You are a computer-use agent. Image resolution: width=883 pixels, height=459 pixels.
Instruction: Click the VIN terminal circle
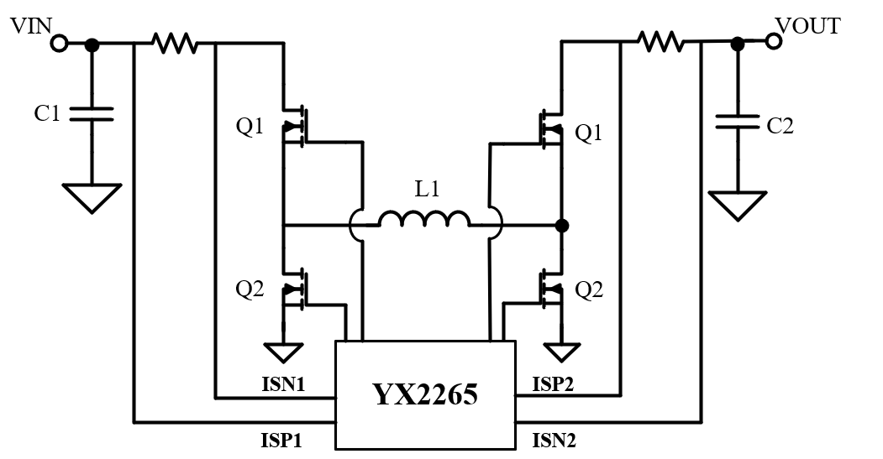pos(60,43)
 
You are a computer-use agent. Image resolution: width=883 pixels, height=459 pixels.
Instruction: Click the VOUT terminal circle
pos(774,41)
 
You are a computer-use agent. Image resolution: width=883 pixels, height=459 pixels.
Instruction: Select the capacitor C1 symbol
pos(92,113)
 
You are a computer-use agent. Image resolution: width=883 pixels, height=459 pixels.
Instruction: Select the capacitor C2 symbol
pos(737,122)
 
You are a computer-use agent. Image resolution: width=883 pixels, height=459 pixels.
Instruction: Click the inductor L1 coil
pos(424,220)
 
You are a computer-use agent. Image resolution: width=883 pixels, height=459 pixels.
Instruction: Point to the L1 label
pos(428,190)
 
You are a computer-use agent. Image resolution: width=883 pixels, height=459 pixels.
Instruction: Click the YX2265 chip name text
pos(425,394)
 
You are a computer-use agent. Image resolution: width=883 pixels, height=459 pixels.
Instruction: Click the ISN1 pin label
pos(283,386)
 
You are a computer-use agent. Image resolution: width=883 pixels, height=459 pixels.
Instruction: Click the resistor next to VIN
pos(174,43)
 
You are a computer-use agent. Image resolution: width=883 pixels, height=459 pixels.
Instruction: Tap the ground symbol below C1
pos(92,197)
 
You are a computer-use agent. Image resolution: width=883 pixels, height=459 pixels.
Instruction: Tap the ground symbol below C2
pos(737,205)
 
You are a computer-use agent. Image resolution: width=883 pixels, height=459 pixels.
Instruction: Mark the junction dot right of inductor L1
pos(562,226)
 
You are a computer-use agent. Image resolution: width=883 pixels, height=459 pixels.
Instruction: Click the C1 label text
pos(47,113)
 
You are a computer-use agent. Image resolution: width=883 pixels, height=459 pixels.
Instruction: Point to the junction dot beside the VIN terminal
pos(92,44)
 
